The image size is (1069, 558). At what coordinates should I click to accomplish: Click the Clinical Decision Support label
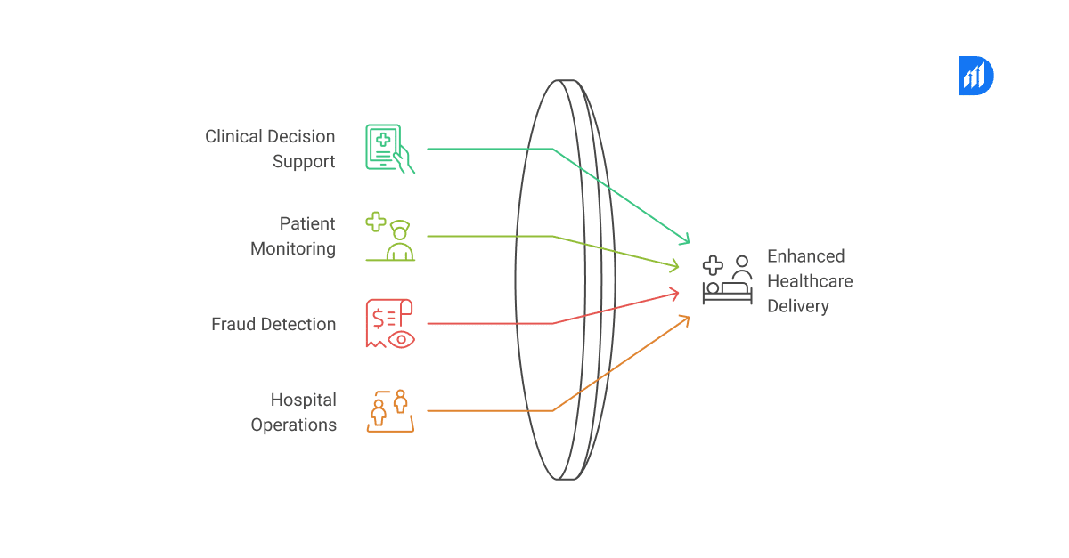[x=271, y=149]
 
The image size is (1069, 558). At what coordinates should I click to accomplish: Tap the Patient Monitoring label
[x=293, y=236]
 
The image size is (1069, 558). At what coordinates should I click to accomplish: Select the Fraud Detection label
[x=273, y=324]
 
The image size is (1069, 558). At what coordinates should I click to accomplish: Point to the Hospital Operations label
[x=294, y=412]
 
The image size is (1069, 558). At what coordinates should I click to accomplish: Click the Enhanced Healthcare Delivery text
[x=810, y=281]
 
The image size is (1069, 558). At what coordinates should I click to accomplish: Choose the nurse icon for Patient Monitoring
[x=398, y=240]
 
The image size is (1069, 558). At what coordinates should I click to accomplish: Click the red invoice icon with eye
[x=390, y=323]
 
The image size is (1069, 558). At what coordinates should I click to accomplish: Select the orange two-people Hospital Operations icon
[x=390, y=411]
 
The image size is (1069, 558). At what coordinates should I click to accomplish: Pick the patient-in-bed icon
[x=727, y=279]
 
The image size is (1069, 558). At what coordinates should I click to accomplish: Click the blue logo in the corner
[x=975, y=76]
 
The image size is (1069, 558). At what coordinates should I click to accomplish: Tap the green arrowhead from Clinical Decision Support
[x=685, y=239]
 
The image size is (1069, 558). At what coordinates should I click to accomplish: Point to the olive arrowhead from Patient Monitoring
[x=674, y=265]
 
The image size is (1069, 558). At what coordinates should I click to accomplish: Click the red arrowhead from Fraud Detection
[x=674, y=291]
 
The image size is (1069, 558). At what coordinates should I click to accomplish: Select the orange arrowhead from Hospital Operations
[x=685, y=319]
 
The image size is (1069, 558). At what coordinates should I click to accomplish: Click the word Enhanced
[x=805, y=256]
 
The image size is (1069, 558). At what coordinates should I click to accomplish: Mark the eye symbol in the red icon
[x=402, y=338]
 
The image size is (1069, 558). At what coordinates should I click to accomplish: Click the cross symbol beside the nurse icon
[x=376, y=222]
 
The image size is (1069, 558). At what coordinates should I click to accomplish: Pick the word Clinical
[x=234, y=136]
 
